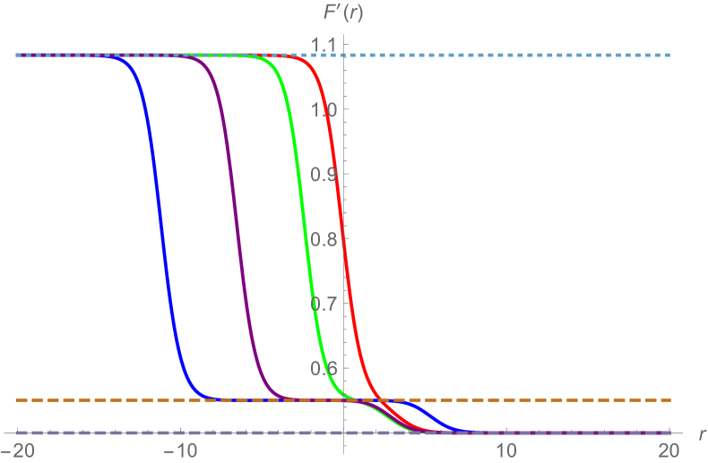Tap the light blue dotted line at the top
click(538, 56)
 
